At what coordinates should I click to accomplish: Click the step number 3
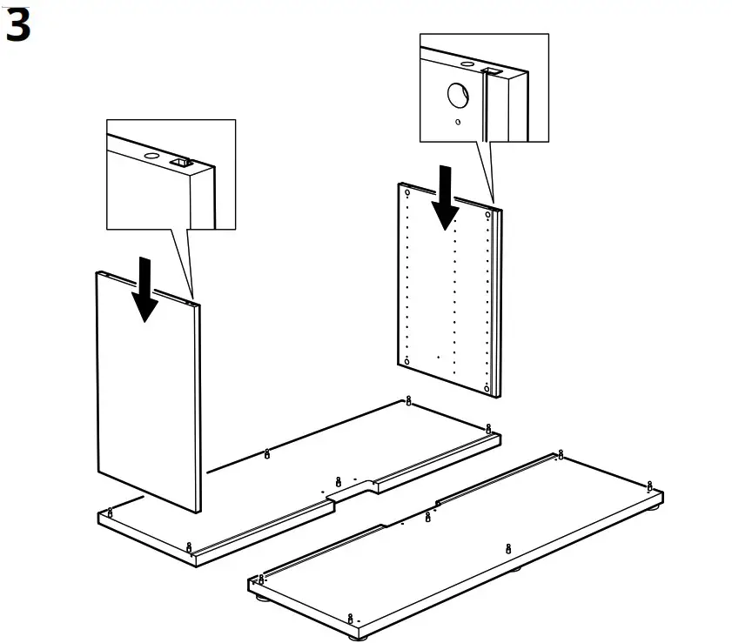pos(17,26)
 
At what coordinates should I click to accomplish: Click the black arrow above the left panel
pos(145,289)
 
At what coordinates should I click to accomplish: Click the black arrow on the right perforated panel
pos(447,198)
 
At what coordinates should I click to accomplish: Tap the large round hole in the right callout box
pos(459,95)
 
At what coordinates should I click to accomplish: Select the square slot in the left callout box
pos(183,162)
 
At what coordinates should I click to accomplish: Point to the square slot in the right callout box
pos(490,69)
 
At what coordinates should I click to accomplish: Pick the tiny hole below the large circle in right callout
pos(458,122)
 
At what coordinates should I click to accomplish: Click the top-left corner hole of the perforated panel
pos(407,192)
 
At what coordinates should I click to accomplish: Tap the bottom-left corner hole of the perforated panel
pos(406,360)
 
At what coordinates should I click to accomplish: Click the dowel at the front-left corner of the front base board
pos(260,579)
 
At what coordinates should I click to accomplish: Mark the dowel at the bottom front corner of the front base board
pos(351,619)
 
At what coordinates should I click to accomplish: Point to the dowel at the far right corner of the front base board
pos(649,486)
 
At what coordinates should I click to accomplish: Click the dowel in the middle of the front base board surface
pos(508,548)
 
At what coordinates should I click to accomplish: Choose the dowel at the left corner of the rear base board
pos(111,511)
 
